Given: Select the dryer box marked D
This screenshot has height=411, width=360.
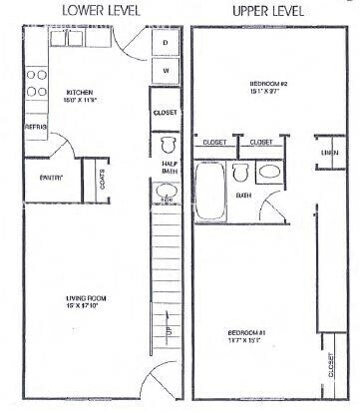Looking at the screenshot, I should (165, 43).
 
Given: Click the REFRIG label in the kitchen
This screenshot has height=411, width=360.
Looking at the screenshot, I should (36, 128).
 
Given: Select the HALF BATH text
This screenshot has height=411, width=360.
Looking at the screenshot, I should (168, 168).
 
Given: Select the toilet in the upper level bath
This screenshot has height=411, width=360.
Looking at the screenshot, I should (239, 174).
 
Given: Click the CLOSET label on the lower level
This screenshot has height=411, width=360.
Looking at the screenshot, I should (166, 113).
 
